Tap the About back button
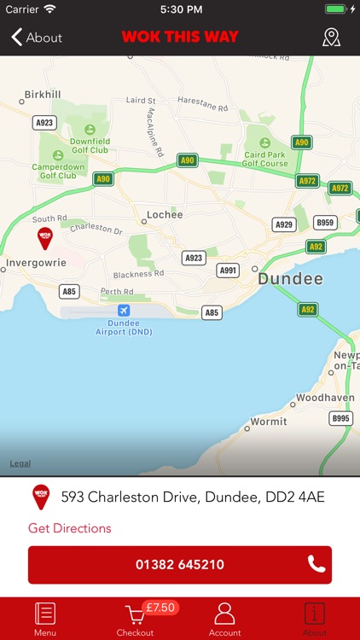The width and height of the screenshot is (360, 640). point(37,38)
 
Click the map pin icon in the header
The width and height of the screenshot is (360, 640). point(331,38)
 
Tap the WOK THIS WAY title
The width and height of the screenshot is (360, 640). point(180,38)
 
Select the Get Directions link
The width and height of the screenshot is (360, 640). point(70,528)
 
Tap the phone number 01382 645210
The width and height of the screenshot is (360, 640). point(180,565)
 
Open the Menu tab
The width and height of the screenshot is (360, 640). point(44,619)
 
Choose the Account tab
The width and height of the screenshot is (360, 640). point(224,619)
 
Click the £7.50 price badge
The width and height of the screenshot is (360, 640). point(160,608)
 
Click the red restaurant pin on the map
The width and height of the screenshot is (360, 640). point(44,237)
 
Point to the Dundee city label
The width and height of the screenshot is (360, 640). point(291,279)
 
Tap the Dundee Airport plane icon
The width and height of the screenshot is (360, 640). point(125,310)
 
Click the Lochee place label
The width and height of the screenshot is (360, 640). point(165,215)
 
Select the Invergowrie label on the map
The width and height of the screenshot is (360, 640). point(35,264)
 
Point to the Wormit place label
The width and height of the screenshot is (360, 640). point(268,422)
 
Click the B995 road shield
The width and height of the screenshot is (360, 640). point(341,418)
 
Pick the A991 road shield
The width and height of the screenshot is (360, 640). point(228,271)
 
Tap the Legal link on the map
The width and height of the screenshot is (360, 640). point(20,463)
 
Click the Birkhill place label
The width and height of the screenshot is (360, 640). point(44,95)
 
